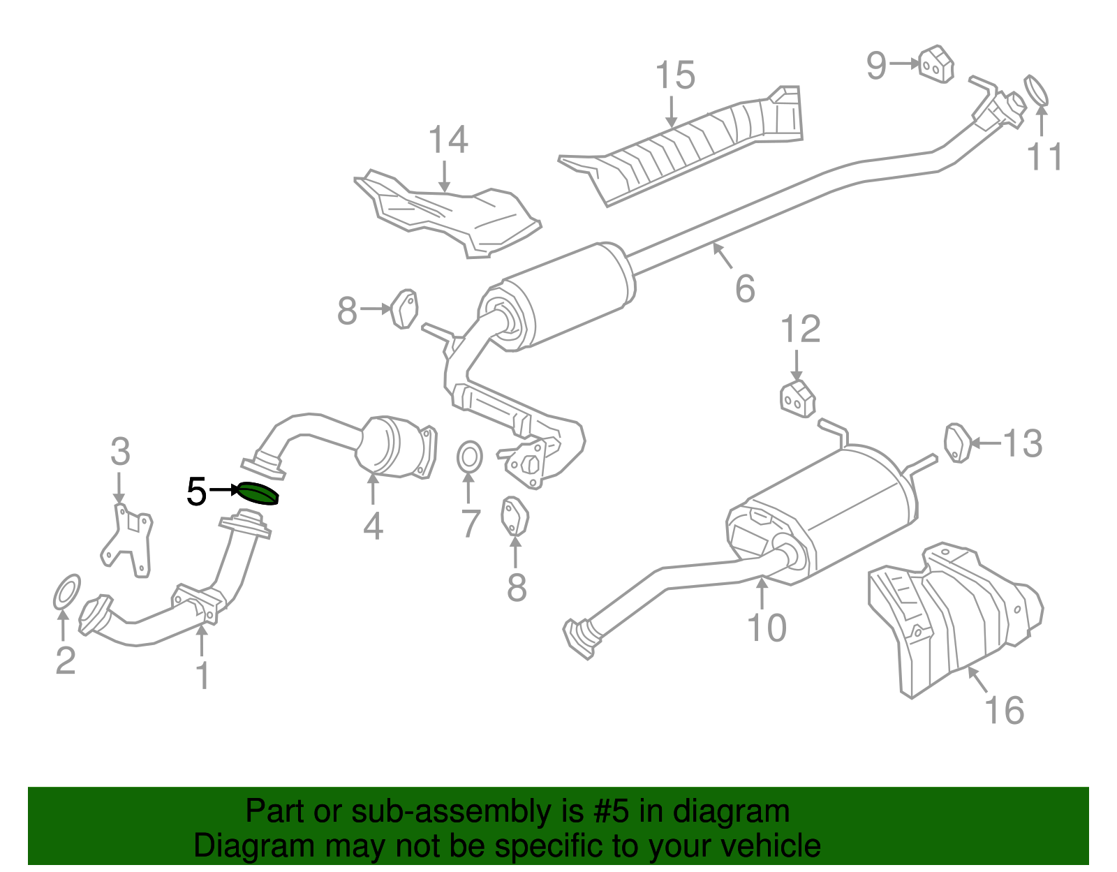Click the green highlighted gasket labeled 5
pyautogui.click(x=258, y=494)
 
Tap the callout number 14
pyautogui.click(x=447, y=140)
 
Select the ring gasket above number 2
pyautogui.click(x=67, y=591)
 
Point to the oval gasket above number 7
pyautogui.click(x=469, y=458)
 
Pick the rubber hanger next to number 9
pyautogui.click(x=935, y=65)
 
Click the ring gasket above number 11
pyautogui.click(x=1036, y=91)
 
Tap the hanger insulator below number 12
pyautogui.click(x=797, y=399)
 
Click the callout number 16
pyautogui.click(x=1004, y=710)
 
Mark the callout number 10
pyautogui.click(x=767, y=628)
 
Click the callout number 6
pyautogui.click(x=745, y=288)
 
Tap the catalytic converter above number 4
pyautogui.click(x=394, y=447)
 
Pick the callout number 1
pyautogui.click(x=202, y=675)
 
